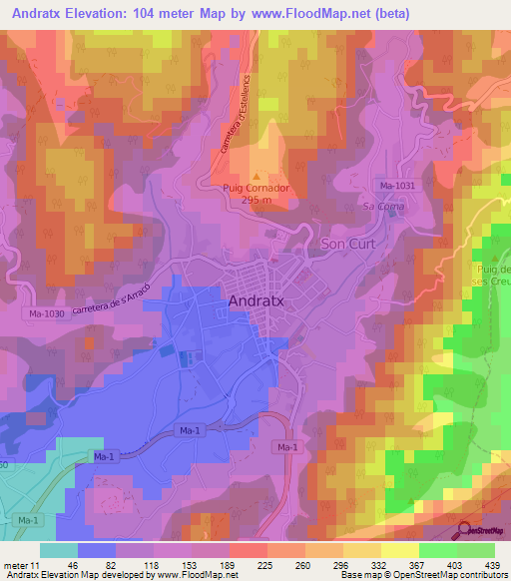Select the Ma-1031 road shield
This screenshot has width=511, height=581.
[396, 186]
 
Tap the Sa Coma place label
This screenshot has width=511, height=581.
[379, 206]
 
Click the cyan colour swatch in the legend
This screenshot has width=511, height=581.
[59, 550]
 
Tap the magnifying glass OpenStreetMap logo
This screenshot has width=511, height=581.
[465, 533]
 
